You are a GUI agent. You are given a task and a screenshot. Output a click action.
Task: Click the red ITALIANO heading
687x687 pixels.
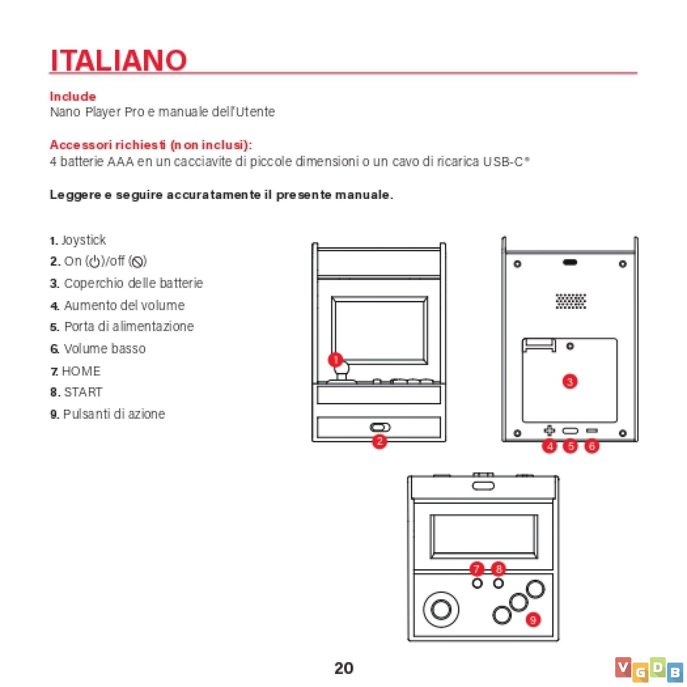point(119,60)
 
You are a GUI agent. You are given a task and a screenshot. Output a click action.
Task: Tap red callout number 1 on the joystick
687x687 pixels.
point(335,360)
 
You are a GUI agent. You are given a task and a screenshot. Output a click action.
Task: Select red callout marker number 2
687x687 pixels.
point(380,441)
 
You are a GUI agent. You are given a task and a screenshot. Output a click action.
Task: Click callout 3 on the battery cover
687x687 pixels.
point(570,382)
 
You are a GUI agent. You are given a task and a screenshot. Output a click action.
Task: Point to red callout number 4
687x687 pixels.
point(550,446)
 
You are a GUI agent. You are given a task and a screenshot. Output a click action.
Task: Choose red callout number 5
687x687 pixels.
point(571,446)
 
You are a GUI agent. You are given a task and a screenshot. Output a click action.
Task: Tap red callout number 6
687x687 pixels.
point(592,446)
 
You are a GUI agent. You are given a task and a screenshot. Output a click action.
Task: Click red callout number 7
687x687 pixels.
point(477,569)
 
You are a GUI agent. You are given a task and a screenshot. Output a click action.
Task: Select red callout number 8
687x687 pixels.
point(498,569)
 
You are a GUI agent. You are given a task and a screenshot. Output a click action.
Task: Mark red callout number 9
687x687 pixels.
point(533,620)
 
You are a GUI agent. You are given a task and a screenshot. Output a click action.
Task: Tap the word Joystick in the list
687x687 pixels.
point(83,240)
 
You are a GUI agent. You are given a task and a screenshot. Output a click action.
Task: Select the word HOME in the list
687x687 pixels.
point(81,371)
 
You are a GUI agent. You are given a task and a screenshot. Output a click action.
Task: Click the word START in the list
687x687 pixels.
point(83,392)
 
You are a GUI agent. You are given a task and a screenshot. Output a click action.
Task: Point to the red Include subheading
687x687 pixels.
point(73,97)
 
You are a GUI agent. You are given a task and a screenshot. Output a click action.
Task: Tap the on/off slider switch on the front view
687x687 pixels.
point(380,427)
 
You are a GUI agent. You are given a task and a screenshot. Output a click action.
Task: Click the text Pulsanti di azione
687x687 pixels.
point(114,414)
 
